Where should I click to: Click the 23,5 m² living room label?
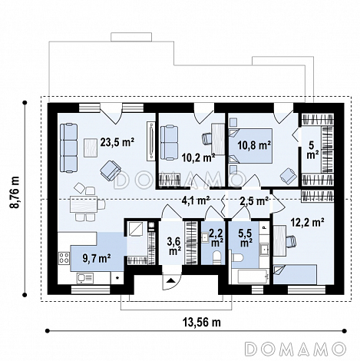coord(117,142)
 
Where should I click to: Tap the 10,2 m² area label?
coord(198,157)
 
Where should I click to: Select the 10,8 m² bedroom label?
coord(254,145)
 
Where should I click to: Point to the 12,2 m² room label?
coord(308,222)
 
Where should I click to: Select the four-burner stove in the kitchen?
coord(64,258)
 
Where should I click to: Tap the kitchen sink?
coord(85,278)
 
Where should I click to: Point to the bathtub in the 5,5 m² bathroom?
coord(249,276)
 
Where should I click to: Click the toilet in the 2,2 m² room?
coord(217,257)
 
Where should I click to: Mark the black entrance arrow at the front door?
coord(170,280)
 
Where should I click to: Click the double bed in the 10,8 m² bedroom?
coord(250,146)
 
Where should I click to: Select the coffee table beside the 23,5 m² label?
coord(91,147)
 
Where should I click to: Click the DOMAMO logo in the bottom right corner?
coord(296,349)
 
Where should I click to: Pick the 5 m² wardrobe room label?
coord(312,150)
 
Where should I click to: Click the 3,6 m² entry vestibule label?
coord(175,246)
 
